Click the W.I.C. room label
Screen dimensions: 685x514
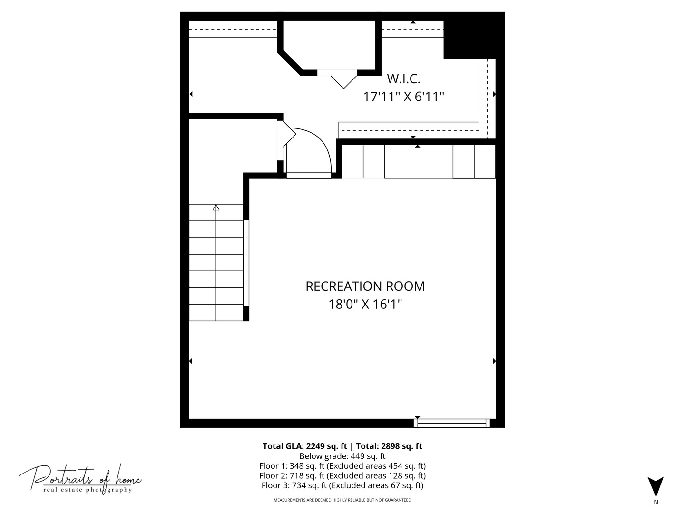pyautogui.click(x=403, y=79)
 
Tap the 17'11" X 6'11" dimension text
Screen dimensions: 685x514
pyautogui.click(x=403, y=97)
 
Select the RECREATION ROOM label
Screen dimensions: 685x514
pyautogui.click(x=365, y=286)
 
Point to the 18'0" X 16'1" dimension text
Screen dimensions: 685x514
pyautogui.click(x=365, y=304)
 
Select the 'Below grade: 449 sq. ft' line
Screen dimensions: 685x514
pyautogui.click(x=342, y=456)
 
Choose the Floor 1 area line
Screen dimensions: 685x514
pyautogui.click(x=342, y=465)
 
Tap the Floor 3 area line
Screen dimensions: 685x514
pyautogui.click(x=342, y=485)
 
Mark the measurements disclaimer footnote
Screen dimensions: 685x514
pyautogui.click(x=342, y=500)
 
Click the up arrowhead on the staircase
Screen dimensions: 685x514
pyautogui.click(x=216, y=207)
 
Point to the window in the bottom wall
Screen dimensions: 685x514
pyautogui.click(x=451, y=423)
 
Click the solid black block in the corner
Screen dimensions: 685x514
pyautogui.click(x=474, y=35)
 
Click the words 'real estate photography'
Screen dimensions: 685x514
pyautogui.click(x=88, y=490)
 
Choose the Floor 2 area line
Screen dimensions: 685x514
pyautogui.click(x=342, y=475)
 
